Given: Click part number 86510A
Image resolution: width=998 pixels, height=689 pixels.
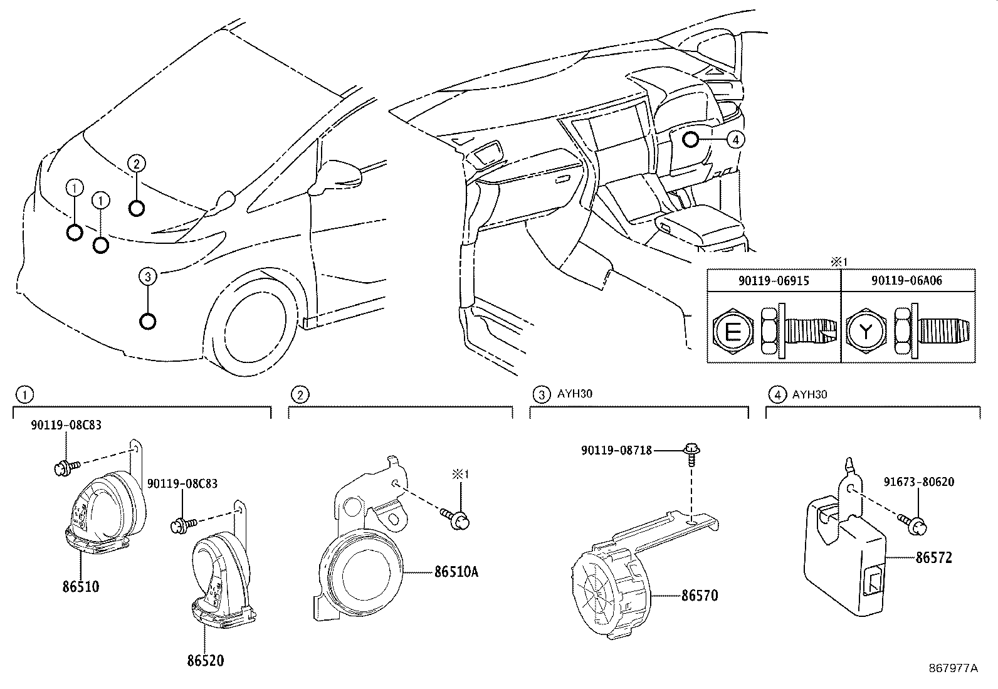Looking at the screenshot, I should click(456, 572).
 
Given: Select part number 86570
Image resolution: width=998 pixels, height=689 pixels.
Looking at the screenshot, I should click(700, 595).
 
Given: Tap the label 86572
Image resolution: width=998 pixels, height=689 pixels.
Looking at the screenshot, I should click(933, 557).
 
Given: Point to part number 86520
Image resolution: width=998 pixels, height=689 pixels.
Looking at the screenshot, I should click(205, 660).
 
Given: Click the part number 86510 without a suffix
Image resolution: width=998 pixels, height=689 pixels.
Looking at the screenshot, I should click(81, 587).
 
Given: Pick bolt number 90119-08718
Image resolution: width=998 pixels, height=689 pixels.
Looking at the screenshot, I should click(616, 450).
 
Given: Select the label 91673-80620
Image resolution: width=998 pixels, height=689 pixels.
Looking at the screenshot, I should click(920, 482).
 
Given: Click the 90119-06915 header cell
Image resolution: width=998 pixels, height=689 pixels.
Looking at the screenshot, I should click(774, 281).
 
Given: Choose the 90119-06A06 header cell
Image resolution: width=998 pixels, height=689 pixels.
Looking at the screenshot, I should click(907, 281).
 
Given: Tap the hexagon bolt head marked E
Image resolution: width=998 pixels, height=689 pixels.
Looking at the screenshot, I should click(732, 332).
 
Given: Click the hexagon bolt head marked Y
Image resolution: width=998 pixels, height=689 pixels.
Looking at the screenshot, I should click(866, 332).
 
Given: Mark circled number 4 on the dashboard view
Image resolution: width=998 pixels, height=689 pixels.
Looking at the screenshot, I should click(736, 140).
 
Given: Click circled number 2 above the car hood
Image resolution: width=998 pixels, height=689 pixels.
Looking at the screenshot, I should click(137, 164).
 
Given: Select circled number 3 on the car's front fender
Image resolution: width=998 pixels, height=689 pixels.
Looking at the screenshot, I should click(147, 276).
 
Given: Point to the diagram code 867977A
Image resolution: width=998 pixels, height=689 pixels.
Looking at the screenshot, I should click(953, 668).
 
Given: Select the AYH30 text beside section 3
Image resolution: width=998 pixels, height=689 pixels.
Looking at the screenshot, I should click(575, 394).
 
